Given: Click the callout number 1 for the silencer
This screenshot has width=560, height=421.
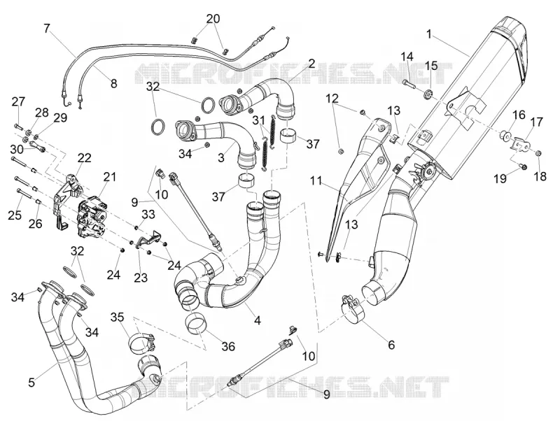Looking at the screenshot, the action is point(429,34).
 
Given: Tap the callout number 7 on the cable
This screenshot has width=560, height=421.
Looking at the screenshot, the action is point(48,29).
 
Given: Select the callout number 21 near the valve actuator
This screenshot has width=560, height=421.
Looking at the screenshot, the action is point(110,176).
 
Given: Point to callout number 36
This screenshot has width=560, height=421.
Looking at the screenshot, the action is point(229,346).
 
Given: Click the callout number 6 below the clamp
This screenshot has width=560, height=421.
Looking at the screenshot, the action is point(391,345).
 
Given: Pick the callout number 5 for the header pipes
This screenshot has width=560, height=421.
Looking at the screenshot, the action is point(31,383).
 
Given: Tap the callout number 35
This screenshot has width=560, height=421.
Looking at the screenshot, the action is point(117,317).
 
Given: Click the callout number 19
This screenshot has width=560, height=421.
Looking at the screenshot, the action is point(500,178).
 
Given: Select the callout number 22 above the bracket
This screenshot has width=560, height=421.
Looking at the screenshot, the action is point(85,157).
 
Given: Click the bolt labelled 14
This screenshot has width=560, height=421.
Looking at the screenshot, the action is point(409,83).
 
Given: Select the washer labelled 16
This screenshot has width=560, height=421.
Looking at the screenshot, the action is point(505,135).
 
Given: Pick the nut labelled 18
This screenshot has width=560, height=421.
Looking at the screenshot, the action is point(539,153).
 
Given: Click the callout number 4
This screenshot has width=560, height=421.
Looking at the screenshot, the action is point(257,320).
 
